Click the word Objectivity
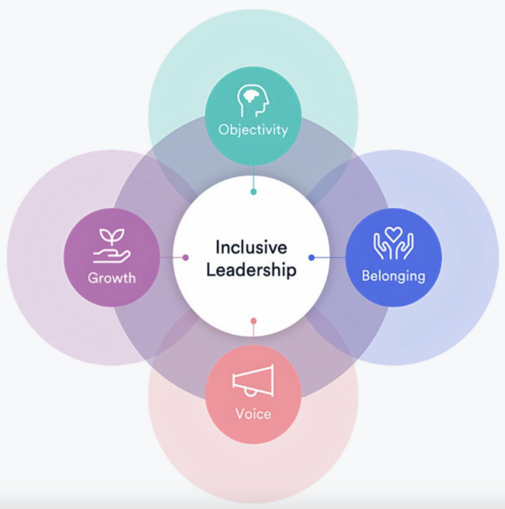pos(253,129)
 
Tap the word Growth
pos(112,278)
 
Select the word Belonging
pos(393,276)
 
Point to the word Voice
pos(253,414)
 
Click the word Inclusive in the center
pos(251,247)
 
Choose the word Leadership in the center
pos(251,270)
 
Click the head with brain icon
pos(253,101)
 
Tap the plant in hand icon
pos(112,246)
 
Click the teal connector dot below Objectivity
pos(253,192)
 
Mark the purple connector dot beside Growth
pos(185,257)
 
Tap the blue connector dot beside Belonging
pos(311,257)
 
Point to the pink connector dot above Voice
pos(253,321)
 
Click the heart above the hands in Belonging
pos(393,234)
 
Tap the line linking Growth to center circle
pos(171,257)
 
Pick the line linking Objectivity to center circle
pos(253,177)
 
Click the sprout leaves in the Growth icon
pos(112,235)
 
